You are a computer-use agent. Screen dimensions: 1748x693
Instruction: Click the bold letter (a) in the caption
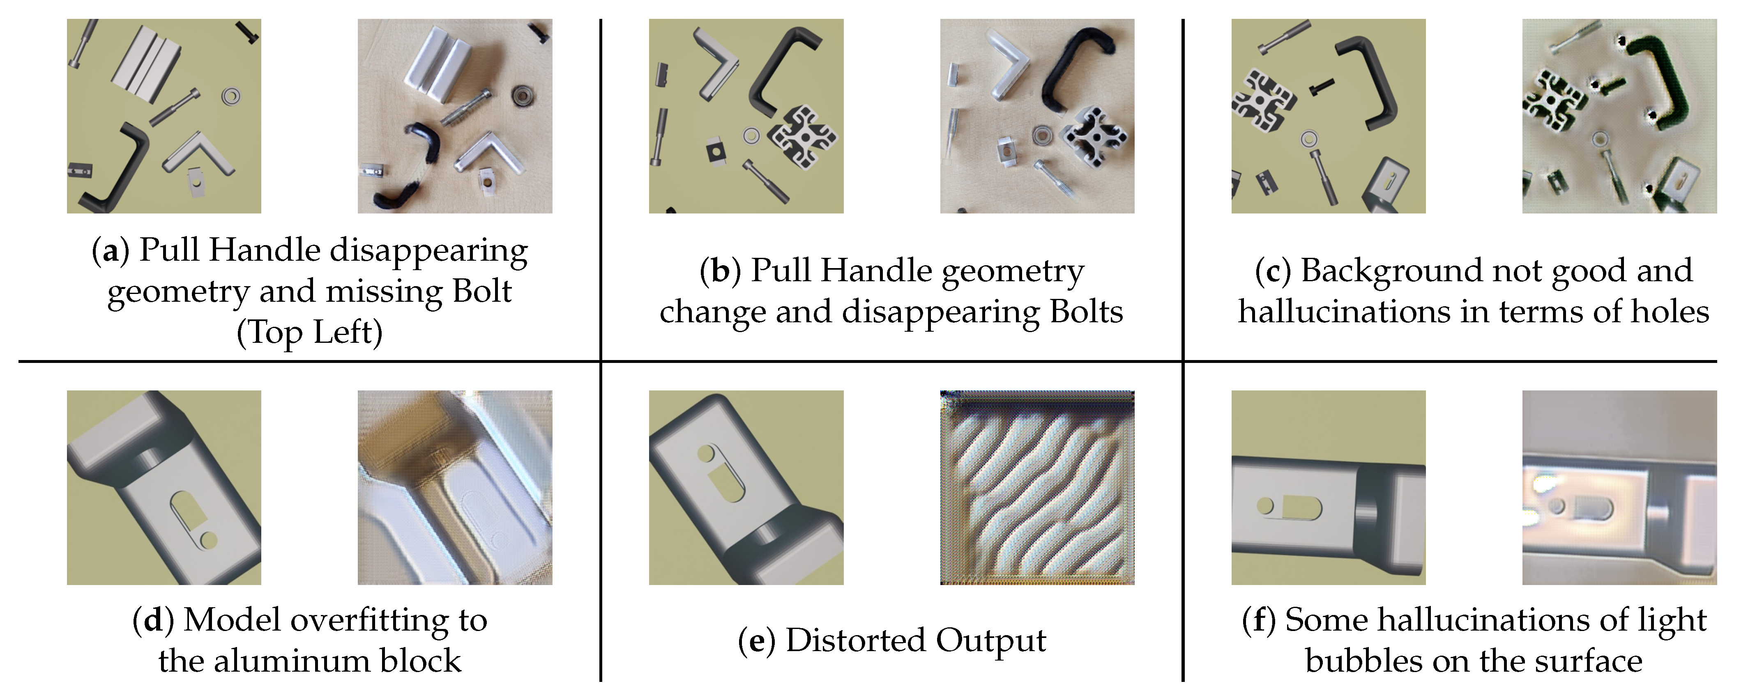pos(110,251)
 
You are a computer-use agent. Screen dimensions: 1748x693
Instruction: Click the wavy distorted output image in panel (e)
pos(1037,488)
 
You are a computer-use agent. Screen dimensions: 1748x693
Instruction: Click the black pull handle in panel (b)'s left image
pos(781,75)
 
